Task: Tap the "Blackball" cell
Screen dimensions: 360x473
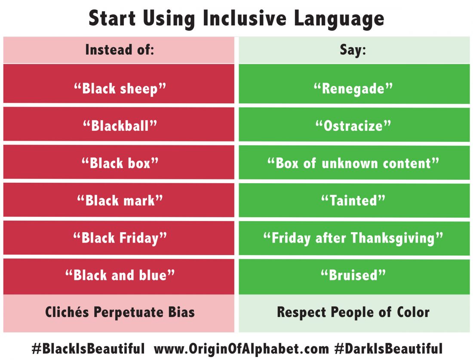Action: (x=119, y=125)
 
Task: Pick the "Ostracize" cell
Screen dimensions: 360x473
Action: (x=353, y=125)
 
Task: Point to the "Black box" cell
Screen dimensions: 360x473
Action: (x=119, y=163)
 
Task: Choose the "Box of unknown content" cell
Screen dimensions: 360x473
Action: (x=353, y=163)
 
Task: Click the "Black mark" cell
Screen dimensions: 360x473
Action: (x=119, y=200)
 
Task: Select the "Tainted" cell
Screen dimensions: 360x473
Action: (x=353, y=200)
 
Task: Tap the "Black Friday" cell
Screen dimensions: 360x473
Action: (x=119, y=237)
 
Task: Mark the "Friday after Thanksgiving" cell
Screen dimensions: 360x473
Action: (x=353, y=237)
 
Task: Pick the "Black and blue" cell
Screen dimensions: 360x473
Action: (x=119, y=275)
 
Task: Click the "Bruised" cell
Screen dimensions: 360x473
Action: (x=353, y=275)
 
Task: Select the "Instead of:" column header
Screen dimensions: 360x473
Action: (x=119, y=50)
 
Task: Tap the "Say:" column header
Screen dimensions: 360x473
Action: (x=353, y=50)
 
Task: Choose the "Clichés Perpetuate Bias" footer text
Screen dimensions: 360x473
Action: (x=120, y=312)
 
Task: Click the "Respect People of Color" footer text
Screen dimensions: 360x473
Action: (x=353, y=312)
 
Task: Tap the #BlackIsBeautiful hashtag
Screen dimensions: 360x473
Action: (x=88, y=348)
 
